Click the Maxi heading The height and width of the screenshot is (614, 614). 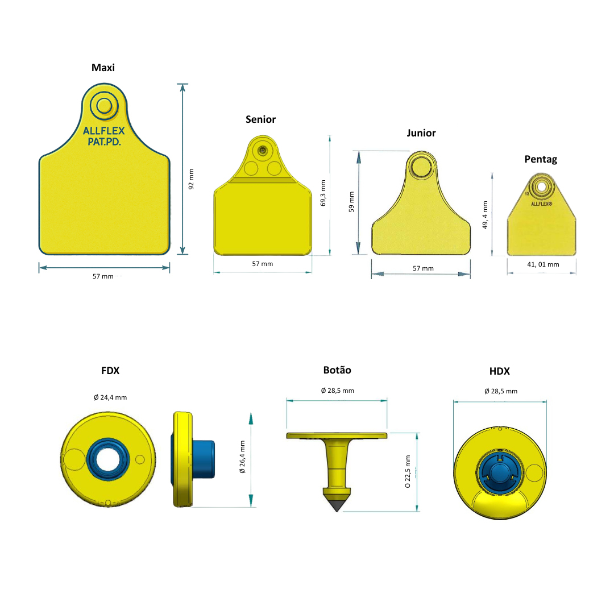point(103,68)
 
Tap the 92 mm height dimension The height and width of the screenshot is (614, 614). point(191,179)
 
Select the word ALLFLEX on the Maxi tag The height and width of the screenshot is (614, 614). point(104,131)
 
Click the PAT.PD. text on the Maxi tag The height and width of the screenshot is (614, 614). point(104,142)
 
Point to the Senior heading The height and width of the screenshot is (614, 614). point(260,119)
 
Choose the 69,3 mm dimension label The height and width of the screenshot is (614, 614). point(323,193)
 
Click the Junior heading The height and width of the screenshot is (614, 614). point(421,133)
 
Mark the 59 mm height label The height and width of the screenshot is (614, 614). point(351,202)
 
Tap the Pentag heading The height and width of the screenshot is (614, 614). point(541,159)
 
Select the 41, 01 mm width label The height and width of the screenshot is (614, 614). point(543,264)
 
